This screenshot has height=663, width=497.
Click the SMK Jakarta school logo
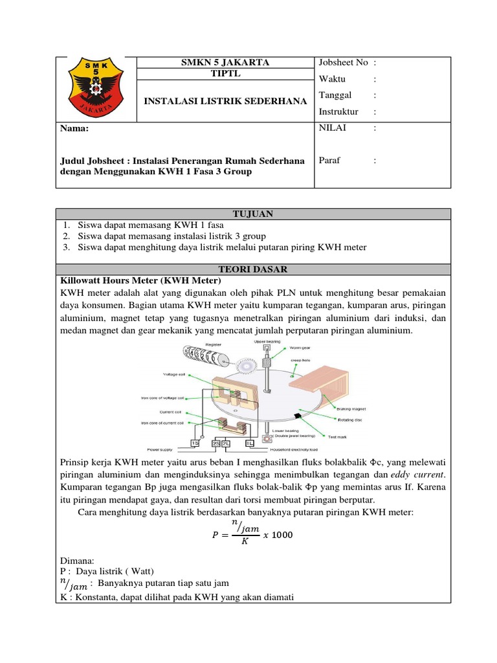(x=96, y=89)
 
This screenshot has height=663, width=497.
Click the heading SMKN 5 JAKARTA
(x=225, y=62)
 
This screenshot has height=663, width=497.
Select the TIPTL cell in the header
(x=225, y=74)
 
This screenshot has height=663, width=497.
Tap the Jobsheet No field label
(x=343, y=62)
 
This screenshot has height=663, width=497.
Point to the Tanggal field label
(x=335, y=95)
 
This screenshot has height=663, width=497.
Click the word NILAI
(x=333, y=128)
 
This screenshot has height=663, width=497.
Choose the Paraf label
(x=330, y=160)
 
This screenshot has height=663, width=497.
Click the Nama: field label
(x=74, y=128)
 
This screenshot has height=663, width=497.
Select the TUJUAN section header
(x=253, y=214)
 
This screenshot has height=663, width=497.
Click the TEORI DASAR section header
(x=253, y=269)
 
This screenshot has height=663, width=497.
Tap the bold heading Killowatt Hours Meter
(x=140, y=280)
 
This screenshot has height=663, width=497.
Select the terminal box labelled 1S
(x=194, y=443)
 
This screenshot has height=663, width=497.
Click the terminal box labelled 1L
(x=249, y=443)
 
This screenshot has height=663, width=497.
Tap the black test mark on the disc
(x=296, y=414)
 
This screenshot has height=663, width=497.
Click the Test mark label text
(x=337, y=437)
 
